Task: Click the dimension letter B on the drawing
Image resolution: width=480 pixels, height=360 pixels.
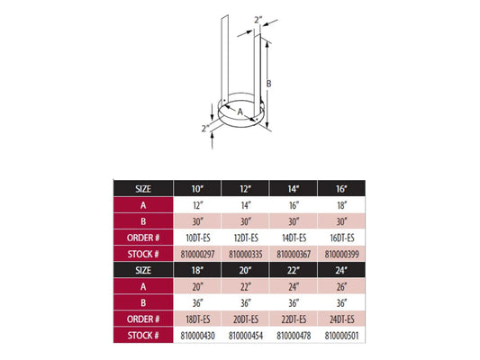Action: (x=268, y=84)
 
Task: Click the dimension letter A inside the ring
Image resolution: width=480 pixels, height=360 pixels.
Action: (x=240, y=112)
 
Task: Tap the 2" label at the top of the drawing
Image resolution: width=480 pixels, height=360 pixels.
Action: (x=258, y=20)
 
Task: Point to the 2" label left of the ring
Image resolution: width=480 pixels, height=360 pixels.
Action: (x=205, y=128)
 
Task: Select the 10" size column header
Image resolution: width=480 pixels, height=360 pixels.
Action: (x=197, y=189)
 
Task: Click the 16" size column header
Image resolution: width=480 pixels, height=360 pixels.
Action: (x=341, y=189)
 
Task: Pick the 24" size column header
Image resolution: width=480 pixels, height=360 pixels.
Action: (x=341, y=270)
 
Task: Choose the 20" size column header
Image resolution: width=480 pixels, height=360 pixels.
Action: (x=246, y=270)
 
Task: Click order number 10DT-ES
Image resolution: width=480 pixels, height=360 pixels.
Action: (x=198, y=238)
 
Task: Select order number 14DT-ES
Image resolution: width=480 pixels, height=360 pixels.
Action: (x=294, y=238)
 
